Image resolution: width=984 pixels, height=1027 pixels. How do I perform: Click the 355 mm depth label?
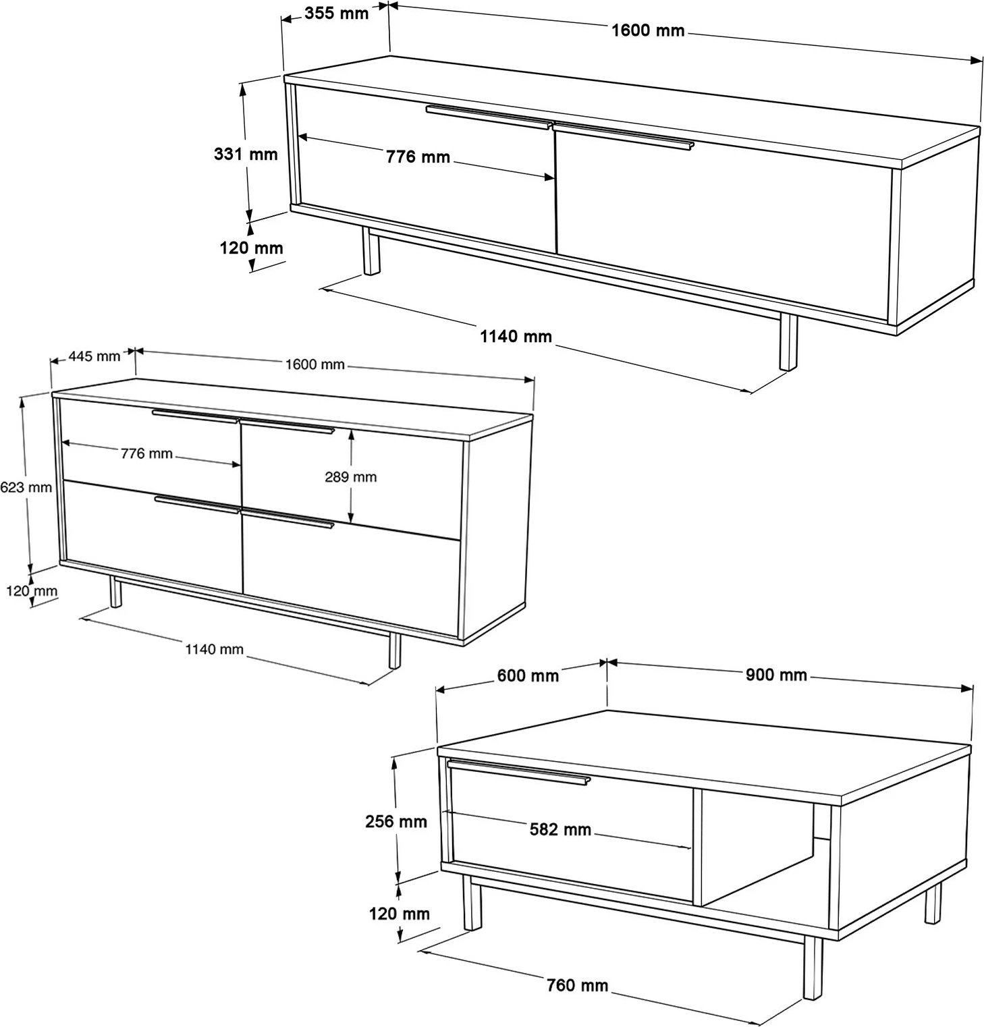tap(336, 13)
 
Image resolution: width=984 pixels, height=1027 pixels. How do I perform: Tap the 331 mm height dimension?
tap(246, 155)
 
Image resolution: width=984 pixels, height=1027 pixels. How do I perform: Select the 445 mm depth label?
tap(94, 356)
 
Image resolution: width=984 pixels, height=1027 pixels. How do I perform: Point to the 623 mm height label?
tap(26, 487)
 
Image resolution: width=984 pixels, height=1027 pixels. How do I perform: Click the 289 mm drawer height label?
tap(351, 477)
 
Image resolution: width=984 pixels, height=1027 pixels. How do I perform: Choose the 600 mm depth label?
tap(528, 675)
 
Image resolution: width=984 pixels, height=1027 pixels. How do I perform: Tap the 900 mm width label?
tap(776, 675)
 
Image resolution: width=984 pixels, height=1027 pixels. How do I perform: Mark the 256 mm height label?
tap(396, 821)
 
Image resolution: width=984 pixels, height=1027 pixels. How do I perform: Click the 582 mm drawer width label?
tap(560, 829)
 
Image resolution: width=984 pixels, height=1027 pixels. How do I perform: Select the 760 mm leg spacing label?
tap(577, 985)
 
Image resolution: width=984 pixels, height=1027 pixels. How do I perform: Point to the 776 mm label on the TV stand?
tap(418, 157)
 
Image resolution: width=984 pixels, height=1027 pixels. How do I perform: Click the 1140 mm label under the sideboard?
tap(214, 649)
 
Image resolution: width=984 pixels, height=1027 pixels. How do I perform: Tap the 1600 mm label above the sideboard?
tap(315, 364)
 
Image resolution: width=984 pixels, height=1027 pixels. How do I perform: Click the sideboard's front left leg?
tap(116, 592)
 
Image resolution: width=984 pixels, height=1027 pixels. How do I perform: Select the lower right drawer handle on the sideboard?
tap(287, 518)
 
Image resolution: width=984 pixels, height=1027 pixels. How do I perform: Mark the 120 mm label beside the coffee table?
tap(400, 914)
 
